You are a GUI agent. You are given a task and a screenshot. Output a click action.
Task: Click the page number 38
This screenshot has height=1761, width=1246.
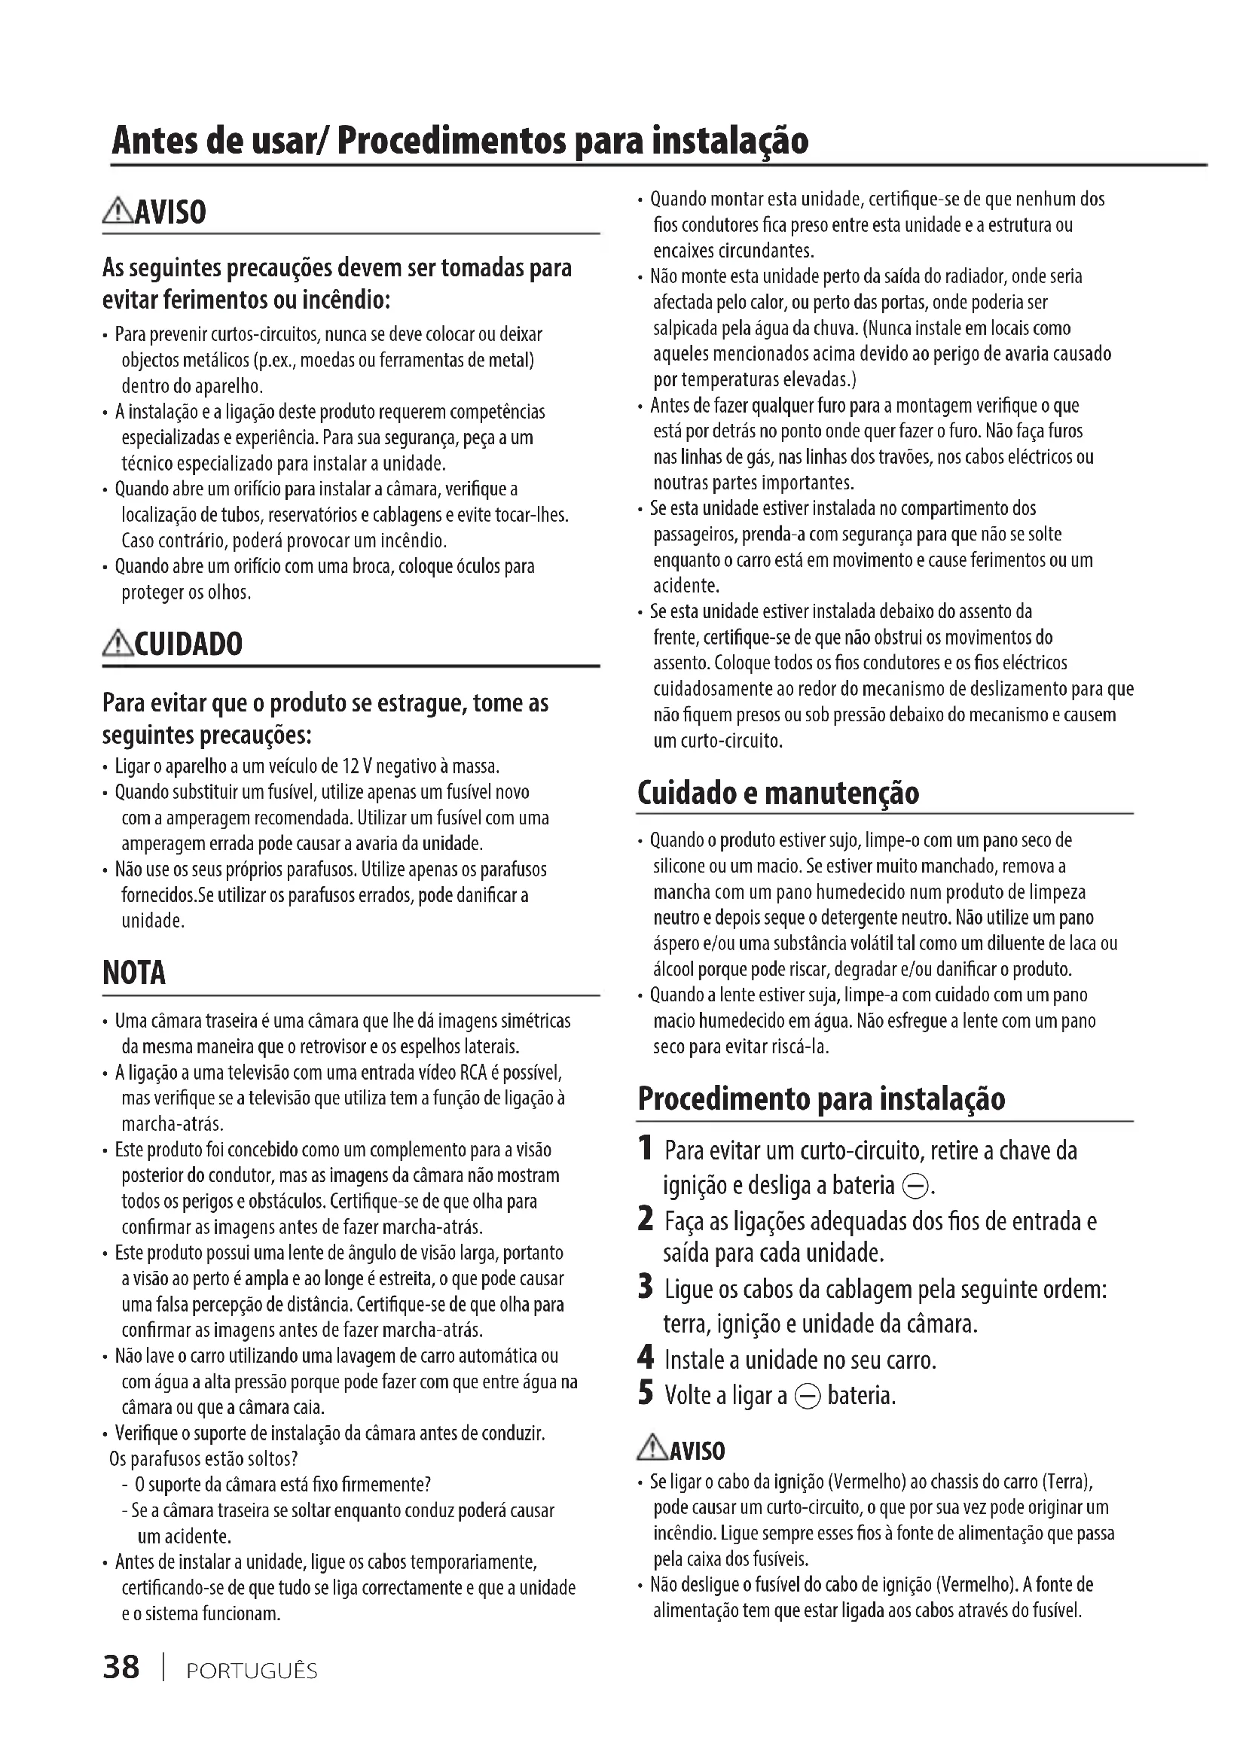121,1667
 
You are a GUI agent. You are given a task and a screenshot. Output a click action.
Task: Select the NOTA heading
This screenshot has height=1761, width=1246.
134,973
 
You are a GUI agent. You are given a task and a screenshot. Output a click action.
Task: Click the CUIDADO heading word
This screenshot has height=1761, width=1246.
189,644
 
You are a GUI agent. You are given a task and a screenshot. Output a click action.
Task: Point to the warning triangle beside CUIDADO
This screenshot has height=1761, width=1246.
118,643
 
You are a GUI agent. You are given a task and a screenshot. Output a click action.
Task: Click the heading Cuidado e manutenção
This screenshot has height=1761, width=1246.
777,792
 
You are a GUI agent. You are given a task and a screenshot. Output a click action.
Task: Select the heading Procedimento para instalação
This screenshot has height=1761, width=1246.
821,1098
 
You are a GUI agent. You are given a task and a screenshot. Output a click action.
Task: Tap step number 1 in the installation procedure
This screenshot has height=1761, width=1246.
646,1149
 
